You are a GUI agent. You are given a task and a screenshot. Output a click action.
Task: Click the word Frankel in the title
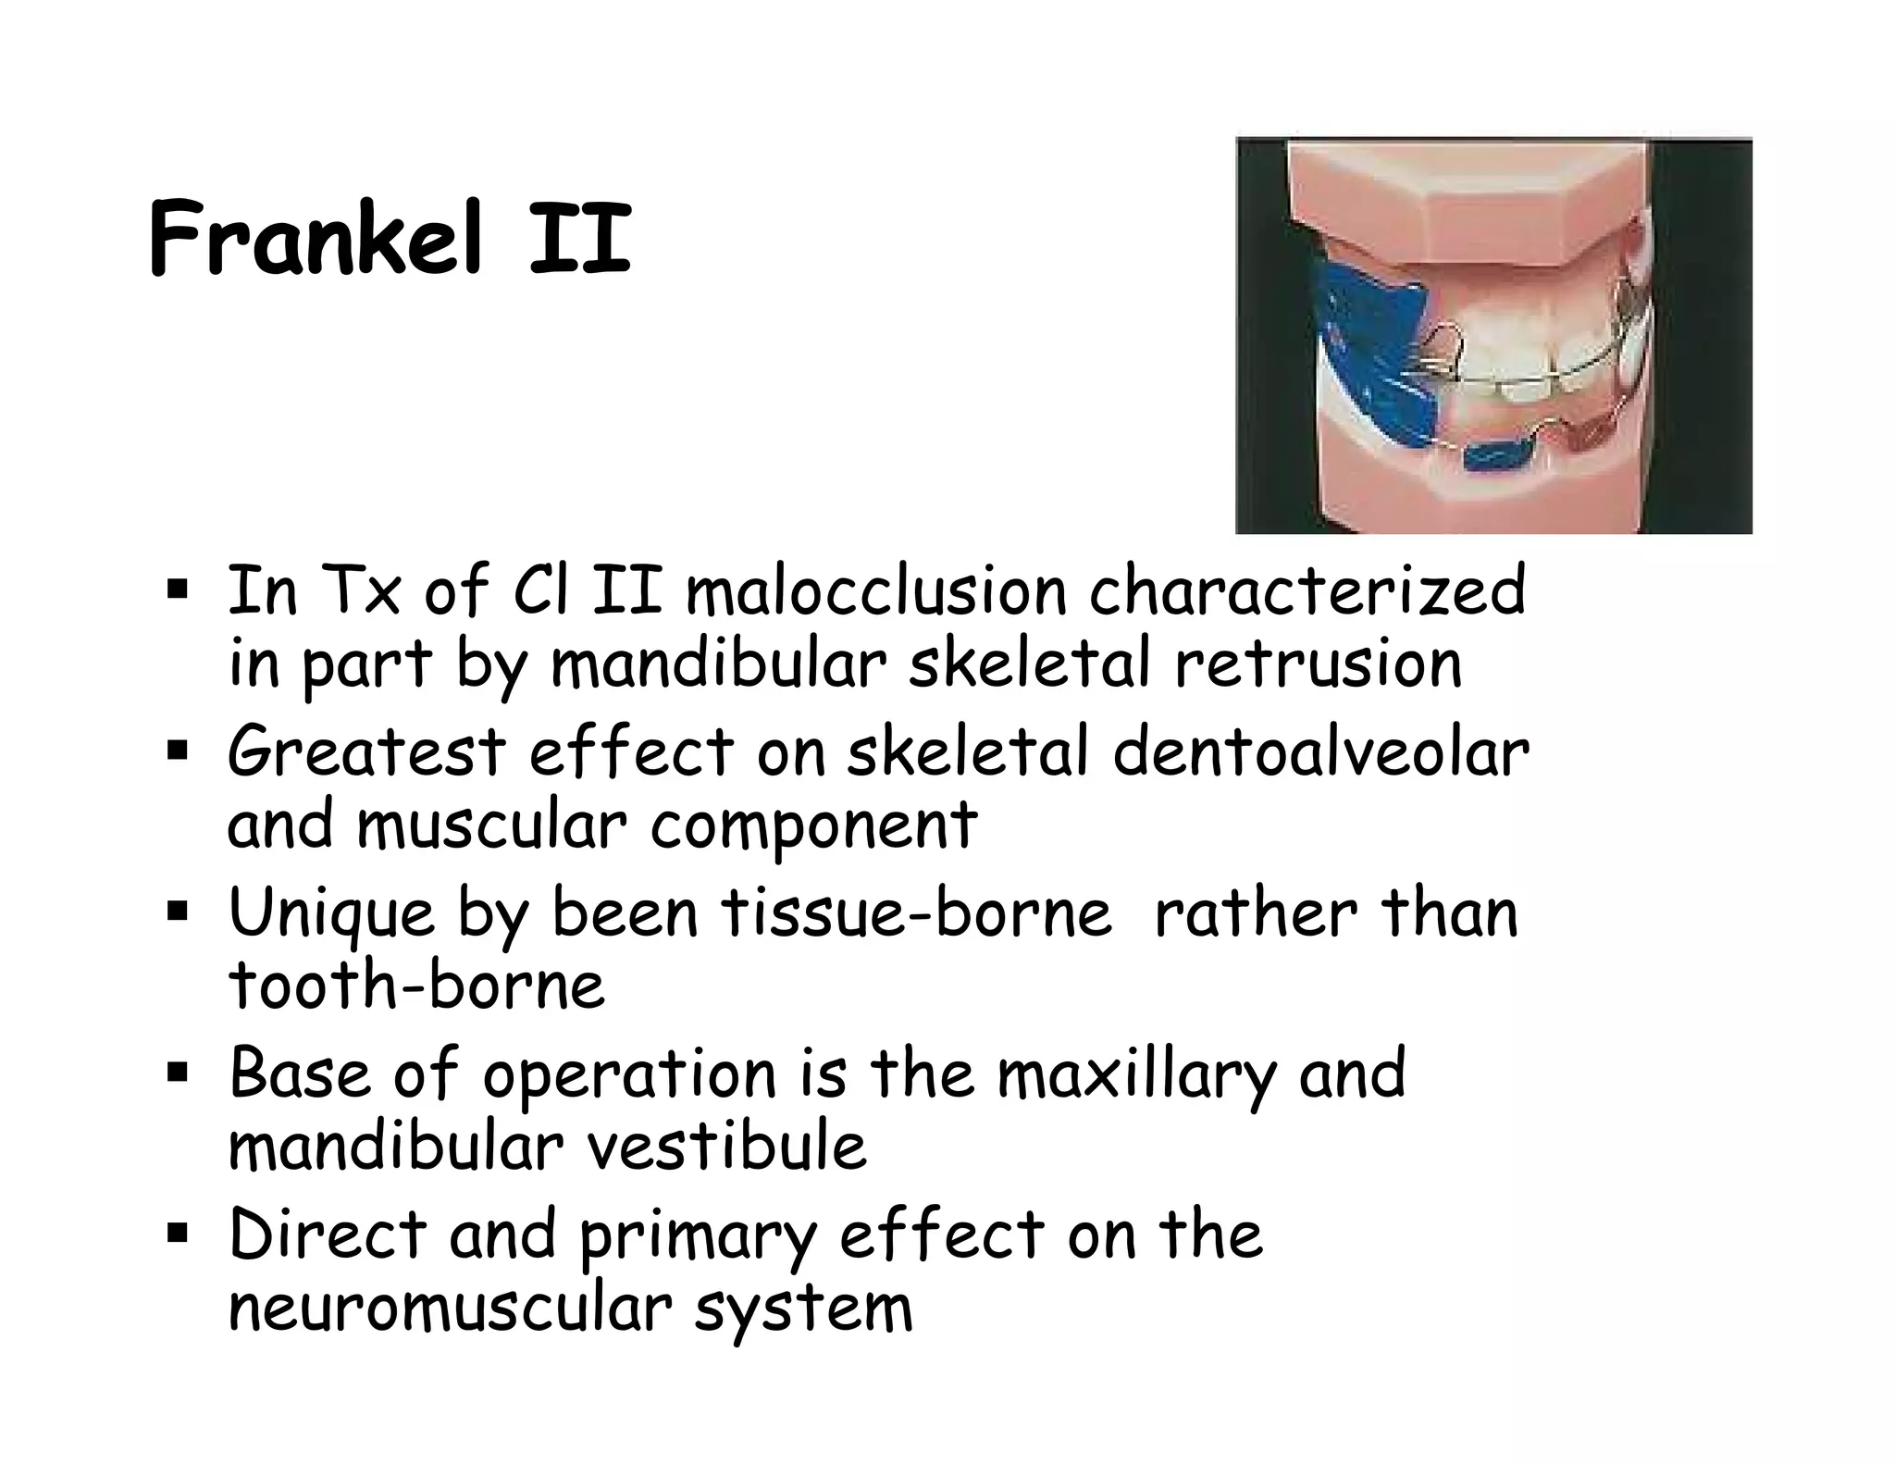(x=315, y=239)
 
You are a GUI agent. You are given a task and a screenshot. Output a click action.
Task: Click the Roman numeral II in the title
(x=580, y=239)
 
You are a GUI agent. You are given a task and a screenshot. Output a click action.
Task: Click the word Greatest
(x=366, y=751)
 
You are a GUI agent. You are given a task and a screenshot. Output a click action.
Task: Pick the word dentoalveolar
(x=1320, y=751)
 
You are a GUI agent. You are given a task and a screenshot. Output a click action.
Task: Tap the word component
(x=813, y=825)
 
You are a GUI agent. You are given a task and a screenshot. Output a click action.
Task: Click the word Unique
(x=330, y=913)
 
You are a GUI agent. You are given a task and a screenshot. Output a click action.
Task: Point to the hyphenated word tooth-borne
(x=416, y=985)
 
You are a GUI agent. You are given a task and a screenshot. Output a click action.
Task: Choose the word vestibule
(x=727, y=1147)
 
